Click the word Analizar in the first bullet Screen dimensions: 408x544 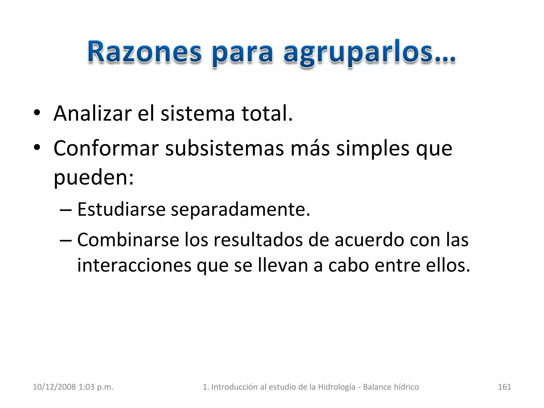click(x=92, y=113)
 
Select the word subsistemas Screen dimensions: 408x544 click(x=224, y=148)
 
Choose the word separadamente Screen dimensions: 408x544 click(x=240, y=210)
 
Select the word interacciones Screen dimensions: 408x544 click(x=134, y=265)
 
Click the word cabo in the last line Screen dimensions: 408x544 click(x=348, y=265)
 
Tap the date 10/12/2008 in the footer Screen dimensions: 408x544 click(x=54, y=387)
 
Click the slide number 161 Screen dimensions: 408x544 click(x=504, y=387)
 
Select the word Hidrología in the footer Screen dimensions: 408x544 click(x=337, y=387)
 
